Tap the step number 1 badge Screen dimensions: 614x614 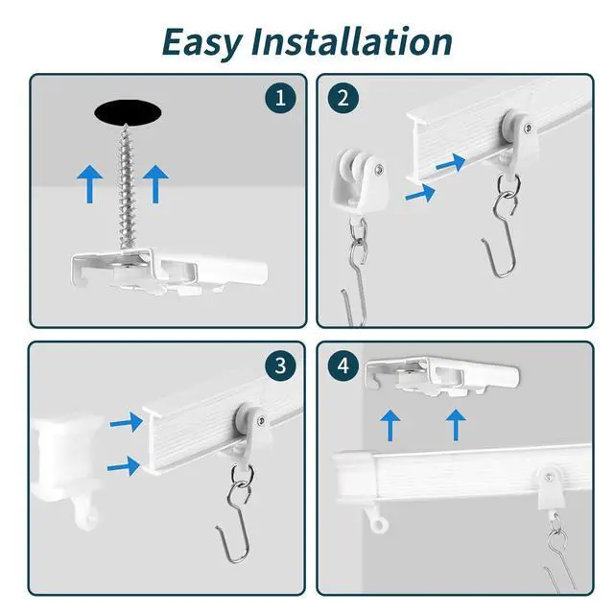280,98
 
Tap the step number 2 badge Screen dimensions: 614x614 343,98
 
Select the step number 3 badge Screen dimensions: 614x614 280,366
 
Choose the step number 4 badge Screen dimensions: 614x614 343,366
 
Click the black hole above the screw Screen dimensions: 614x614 128,113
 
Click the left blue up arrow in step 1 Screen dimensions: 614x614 90,183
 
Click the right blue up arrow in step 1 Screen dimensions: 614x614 155,183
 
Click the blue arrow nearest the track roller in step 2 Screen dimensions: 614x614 451,162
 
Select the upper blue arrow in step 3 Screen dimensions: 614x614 127,422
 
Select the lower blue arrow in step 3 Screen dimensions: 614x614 124,466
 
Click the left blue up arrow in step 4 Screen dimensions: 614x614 390,425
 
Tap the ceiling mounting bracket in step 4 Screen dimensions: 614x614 442,376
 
